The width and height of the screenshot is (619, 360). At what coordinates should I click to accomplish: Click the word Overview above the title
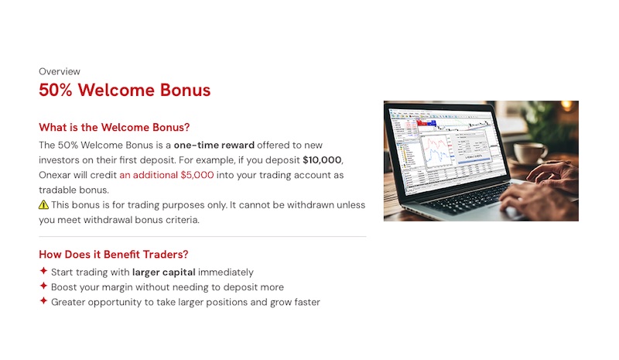click(60, 71)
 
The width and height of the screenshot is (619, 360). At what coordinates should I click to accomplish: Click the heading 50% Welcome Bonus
click(125, 90)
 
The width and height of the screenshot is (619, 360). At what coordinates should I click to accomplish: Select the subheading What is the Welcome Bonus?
click(114, 128)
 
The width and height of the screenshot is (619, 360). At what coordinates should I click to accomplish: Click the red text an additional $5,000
click(166, 175)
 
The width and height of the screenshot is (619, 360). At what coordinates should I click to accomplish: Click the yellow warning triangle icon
click(43, 205)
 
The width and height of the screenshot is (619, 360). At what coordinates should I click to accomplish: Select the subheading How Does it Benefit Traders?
click(113, 254)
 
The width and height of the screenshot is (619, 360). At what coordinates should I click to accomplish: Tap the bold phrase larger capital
click(163, 272)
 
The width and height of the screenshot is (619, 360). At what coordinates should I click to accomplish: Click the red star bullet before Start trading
click(43, 272)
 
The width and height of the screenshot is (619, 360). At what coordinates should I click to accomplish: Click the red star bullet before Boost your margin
click(43, 286)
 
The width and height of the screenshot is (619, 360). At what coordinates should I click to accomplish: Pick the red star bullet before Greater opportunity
click(43, 302)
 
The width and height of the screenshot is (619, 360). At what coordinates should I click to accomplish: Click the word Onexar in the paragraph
click(55, 175)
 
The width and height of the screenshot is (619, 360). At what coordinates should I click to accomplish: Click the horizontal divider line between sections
click(202, 237)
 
